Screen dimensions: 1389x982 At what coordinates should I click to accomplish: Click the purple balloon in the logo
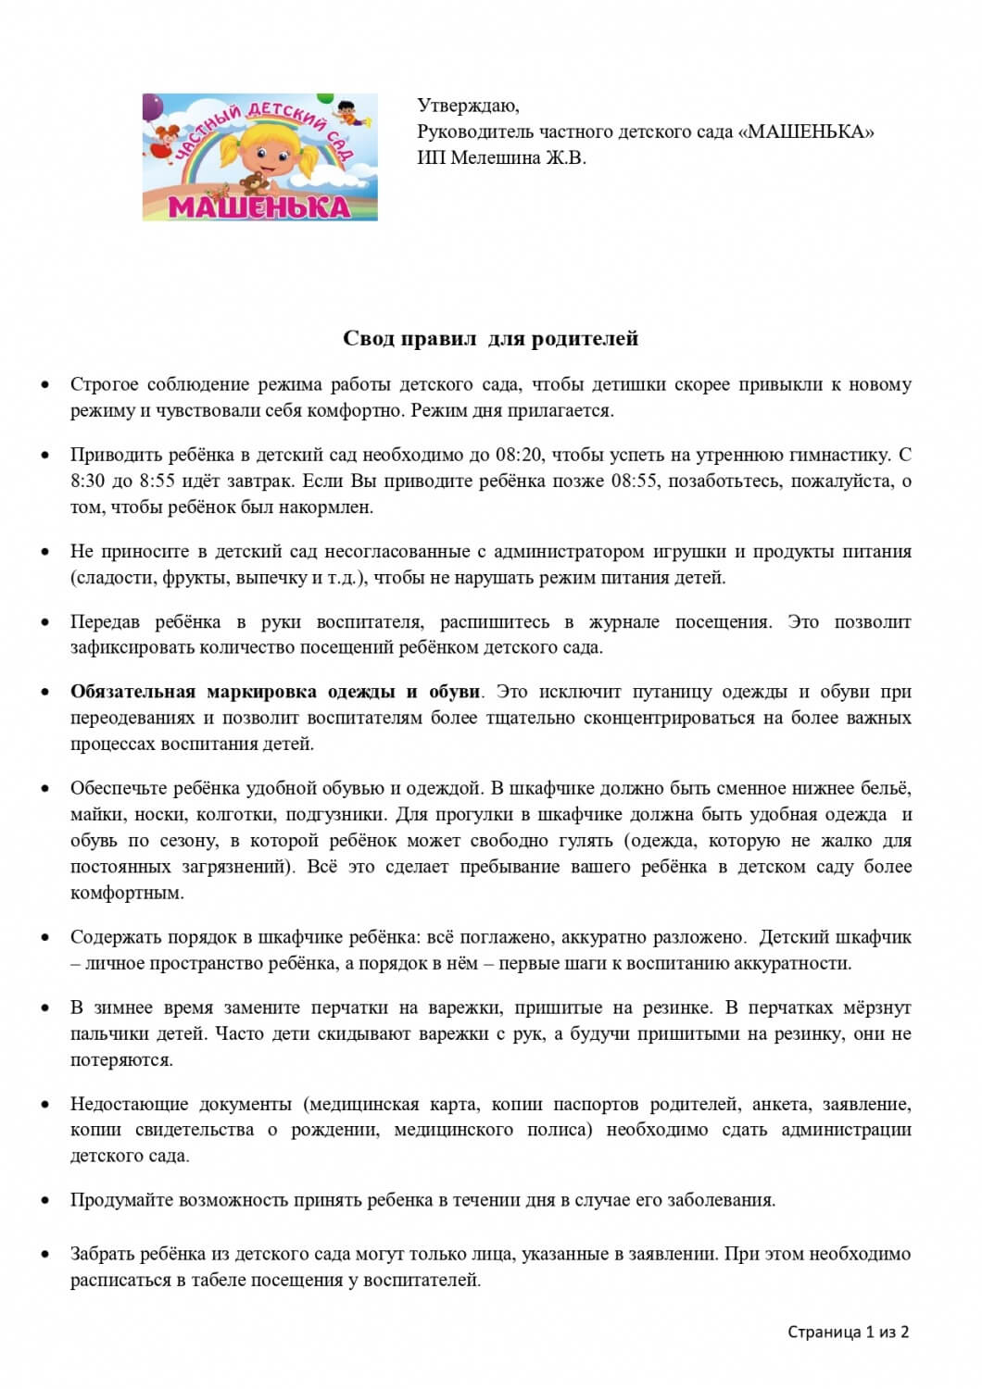pyautogui.click(x=152, y=106)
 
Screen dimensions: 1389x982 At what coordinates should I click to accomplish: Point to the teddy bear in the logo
pyautogui.click(x=251, y=183)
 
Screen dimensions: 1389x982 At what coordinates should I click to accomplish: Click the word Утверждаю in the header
pyautogui.click(x=468, y=106)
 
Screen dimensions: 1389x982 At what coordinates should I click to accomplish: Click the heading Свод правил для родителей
pyautogui.click(x=490, y=338)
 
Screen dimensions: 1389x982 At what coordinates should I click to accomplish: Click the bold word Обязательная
pyautogui.click(x=132, y=692)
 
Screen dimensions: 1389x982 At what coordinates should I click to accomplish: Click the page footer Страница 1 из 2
pyautogui.click(x=848, y=1332)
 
